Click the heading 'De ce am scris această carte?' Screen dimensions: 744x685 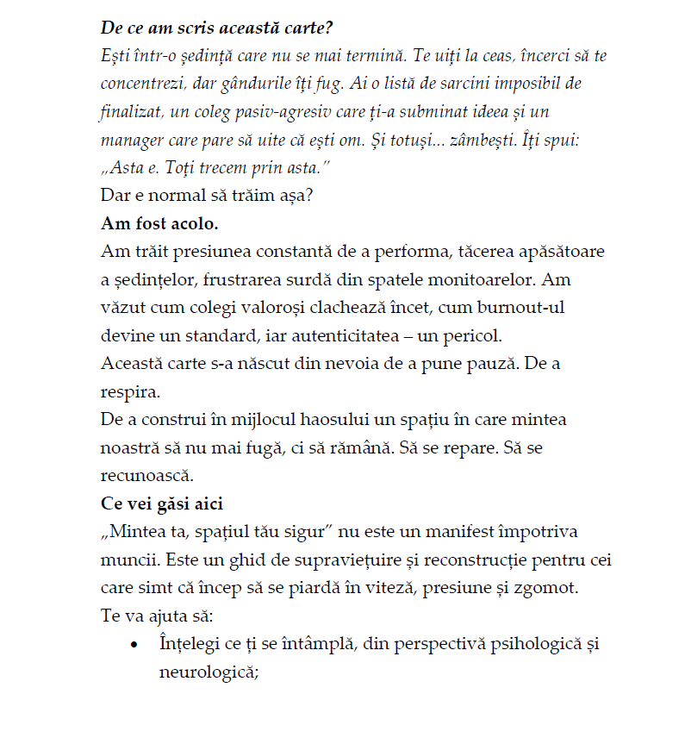(x=216, y=27)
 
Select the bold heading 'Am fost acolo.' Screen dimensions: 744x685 (x=159, y=223)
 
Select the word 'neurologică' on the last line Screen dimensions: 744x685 (x=209, y=670)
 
